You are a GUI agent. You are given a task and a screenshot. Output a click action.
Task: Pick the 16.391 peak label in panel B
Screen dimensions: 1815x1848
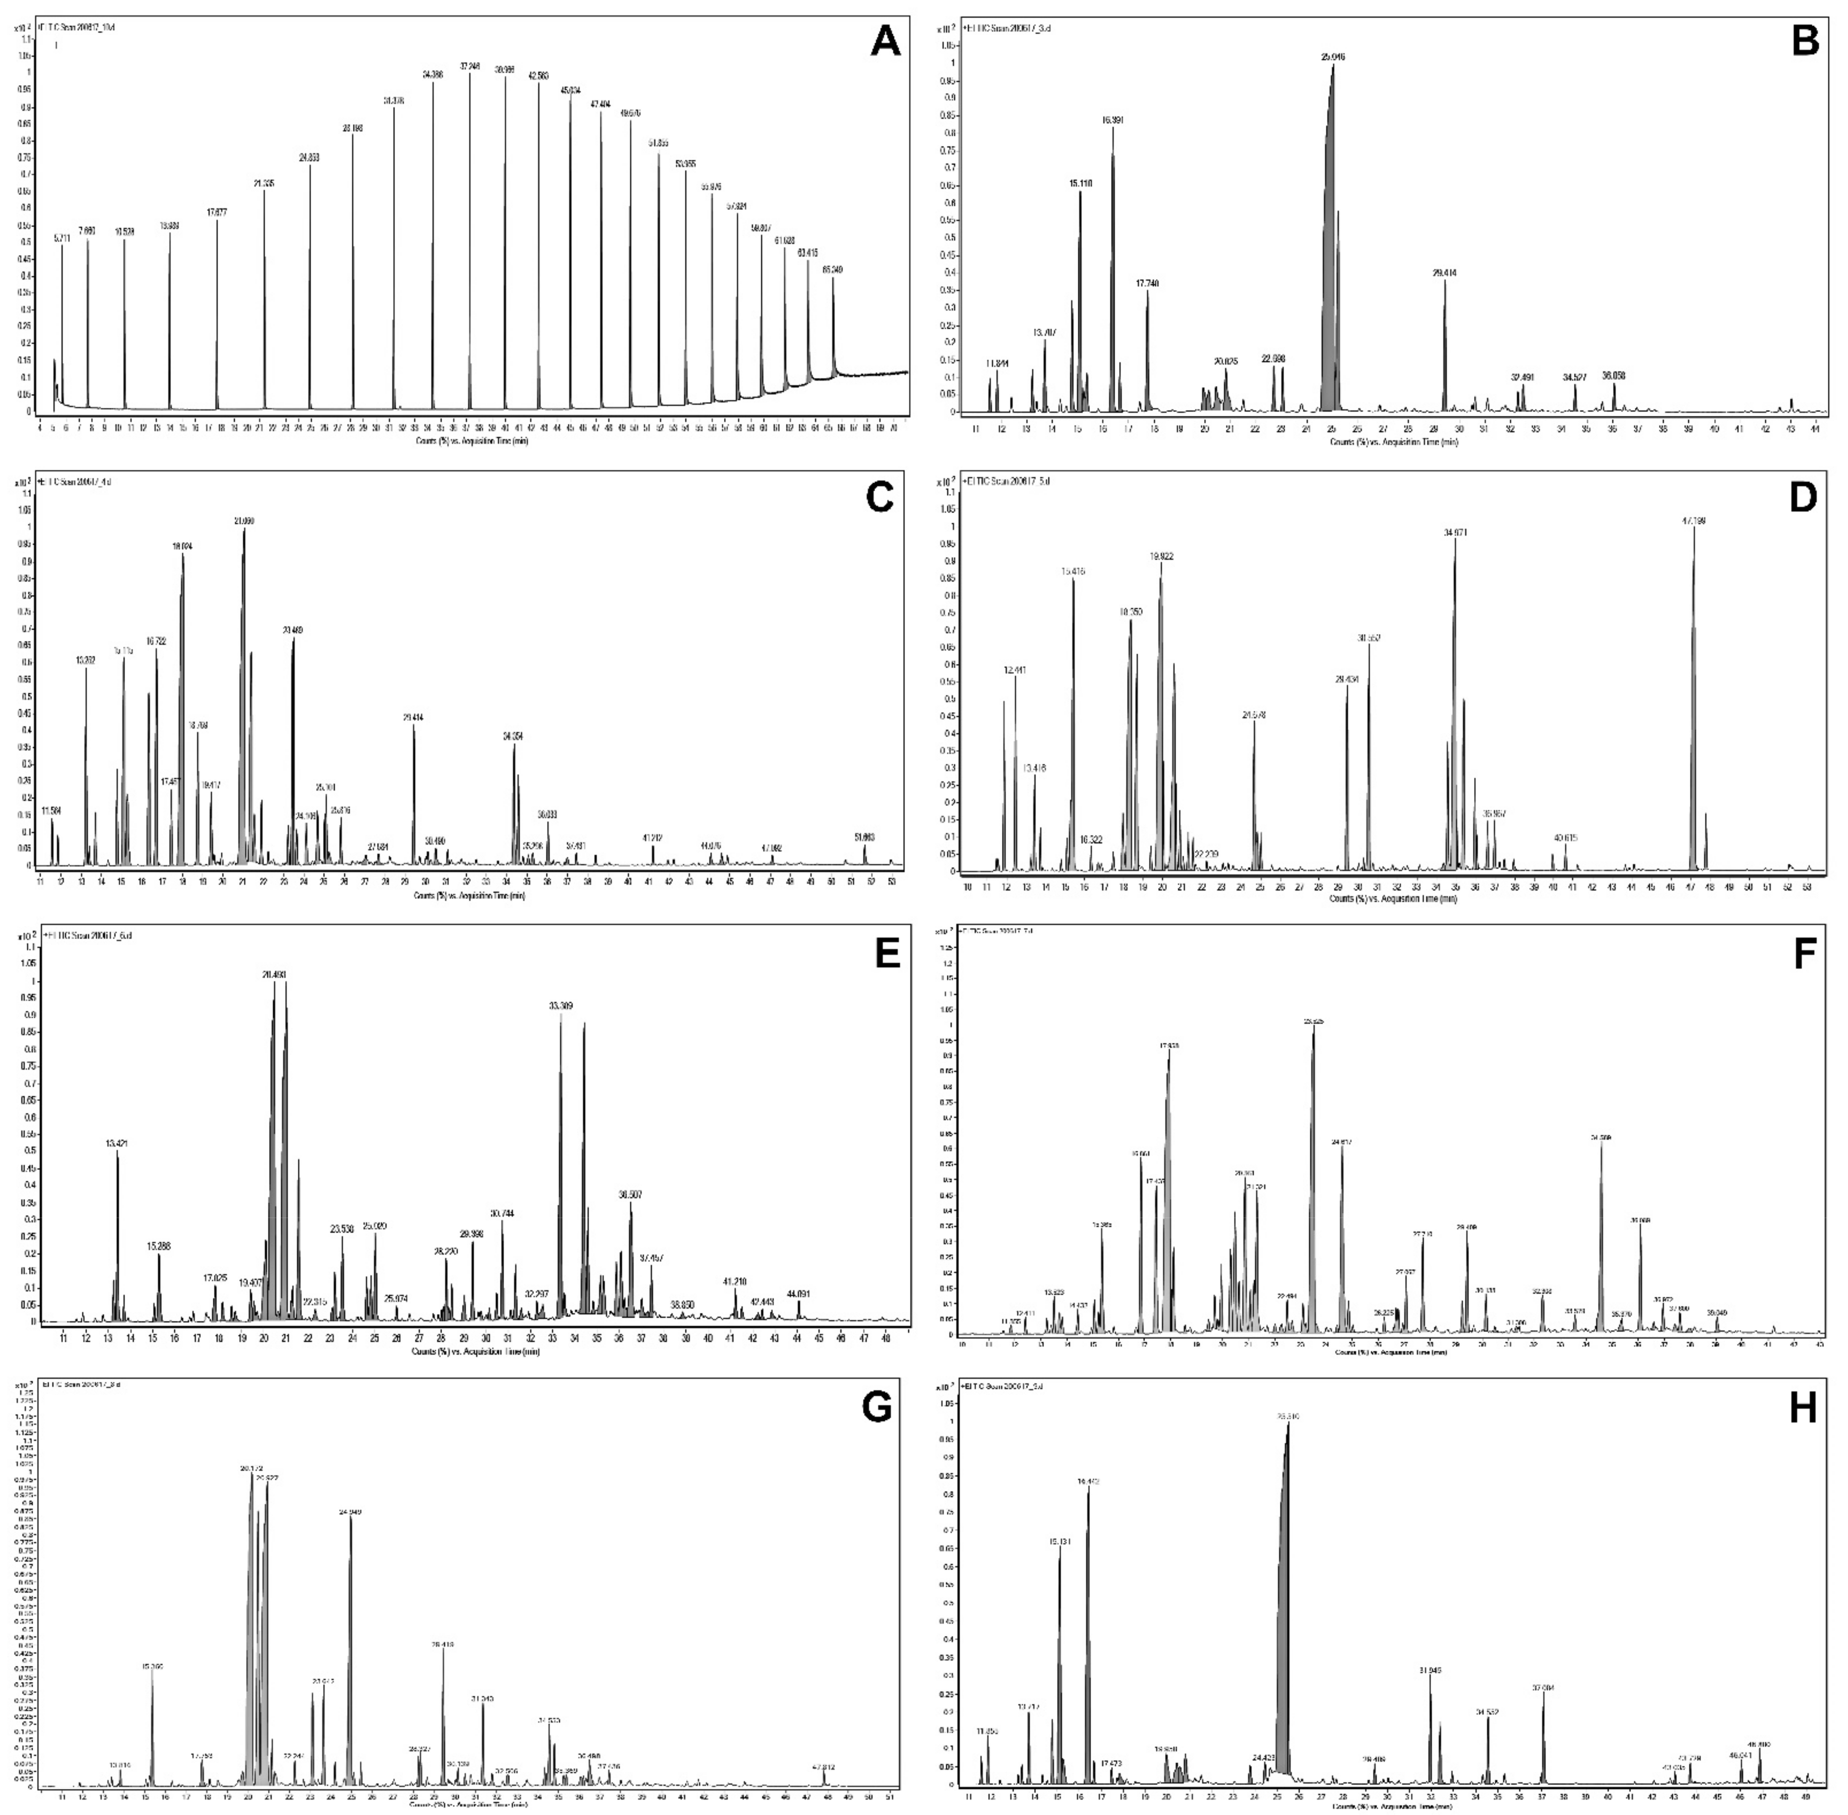pos(1112,120)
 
